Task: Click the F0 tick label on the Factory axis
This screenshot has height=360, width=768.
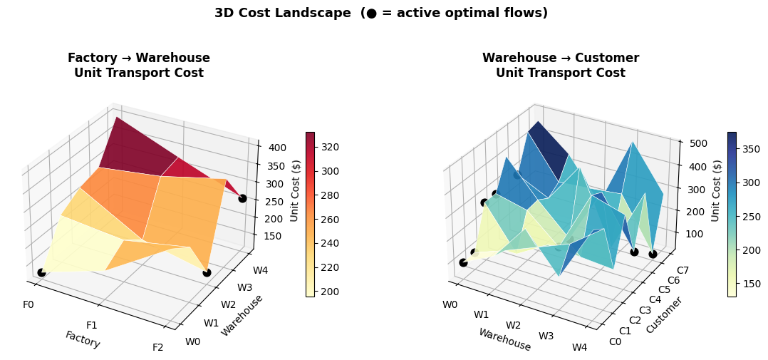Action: click(x=28, y=304)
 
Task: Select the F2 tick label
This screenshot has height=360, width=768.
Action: click(x=158, y=347)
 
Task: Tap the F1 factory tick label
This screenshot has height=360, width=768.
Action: click(x=92, y=325)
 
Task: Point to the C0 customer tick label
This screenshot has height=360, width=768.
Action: click(x=615, y=341)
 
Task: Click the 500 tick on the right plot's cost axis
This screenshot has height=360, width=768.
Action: click(x=696, y=143)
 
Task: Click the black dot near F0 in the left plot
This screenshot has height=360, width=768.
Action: click(x=41, y=272)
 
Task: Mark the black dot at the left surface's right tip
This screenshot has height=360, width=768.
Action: click(x=242, y=198)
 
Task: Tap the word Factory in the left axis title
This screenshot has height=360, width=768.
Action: click(x=83, y=339)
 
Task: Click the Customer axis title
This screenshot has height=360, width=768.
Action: click(x=664, y=315)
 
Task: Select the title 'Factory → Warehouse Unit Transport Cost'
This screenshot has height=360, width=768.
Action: click(x=139, y=66)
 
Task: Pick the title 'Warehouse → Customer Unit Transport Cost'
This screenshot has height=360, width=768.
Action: click(x=561, y=66)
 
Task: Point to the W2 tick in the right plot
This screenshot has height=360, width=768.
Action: click(x=513, y=325)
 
